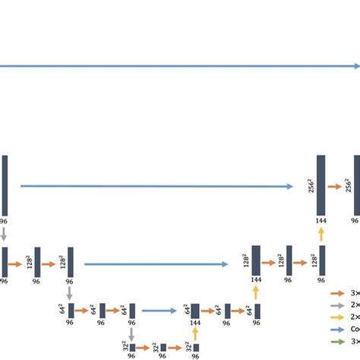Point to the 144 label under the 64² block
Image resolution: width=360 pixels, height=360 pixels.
click(195, 322)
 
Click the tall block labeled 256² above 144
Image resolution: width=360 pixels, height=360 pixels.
click(321, 185)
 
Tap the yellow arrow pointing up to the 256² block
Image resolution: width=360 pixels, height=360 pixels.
click(321, 235)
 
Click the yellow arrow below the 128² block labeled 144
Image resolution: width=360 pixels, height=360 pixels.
click(255, 292)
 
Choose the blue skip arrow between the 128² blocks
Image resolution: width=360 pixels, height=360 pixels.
click(156, 264)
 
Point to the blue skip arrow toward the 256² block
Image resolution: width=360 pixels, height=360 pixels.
click(156, 185)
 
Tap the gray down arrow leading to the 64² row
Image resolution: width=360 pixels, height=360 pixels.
click(70, 292)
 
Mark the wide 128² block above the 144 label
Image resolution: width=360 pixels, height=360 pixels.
click(255, 260)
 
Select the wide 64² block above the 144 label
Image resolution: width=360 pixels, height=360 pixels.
click(195, 310)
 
